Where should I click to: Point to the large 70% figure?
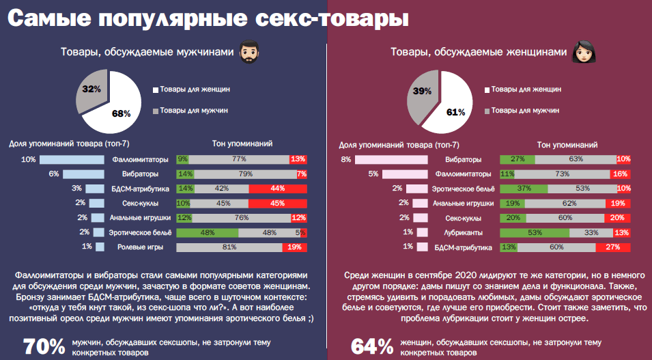click(44, 346)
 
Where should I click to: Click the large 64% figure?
click(372, 346)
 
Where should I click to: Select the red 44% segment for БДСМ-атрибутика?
click(278, 189)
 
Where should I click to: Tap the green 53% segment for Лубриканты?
click(530, 232)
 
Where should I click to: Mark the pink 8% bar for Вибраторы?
click(393, 159)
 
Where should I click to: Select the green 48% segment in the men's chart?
click(207, 232)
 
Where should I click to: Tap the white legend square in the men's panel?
click(156, 89)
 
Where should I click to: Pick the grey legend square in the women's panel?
click(487, 111)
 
